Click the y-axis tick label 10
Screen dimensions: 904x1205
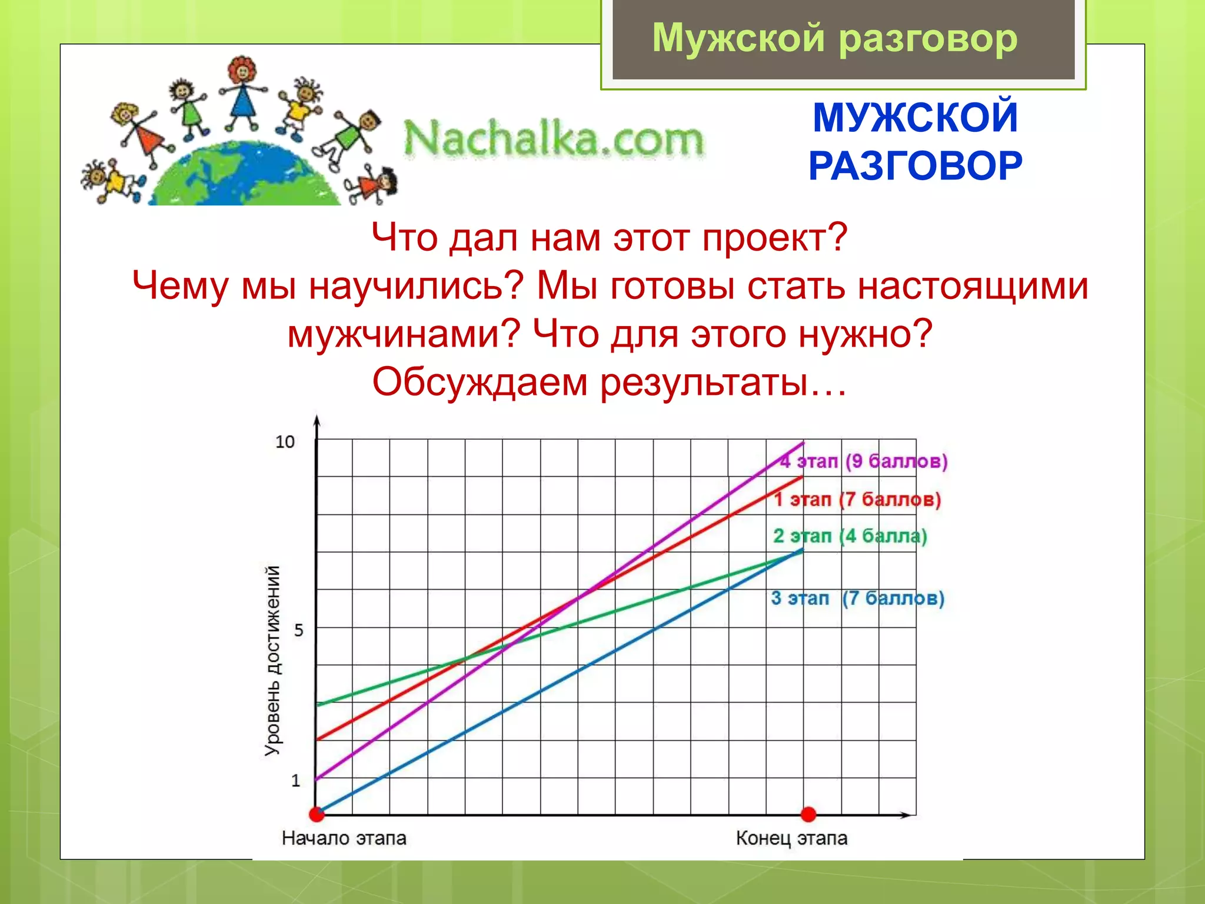pyautogui.click(x=285, y=442)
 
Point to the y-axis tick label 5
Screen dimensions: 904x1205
pyautogui.click(x=298, y=631)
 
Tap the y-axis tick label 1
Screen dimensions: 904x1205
pyautogui.click(x=296, y=781)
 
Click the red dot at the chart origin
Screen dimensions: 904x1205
pyautogui.click(x=317, y=815)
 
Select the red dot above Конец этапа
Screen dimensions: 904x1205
pyautogui.click(x=808, y=815)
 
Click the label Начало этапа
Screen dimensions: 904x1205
pyautogui.click(x=344, y=838)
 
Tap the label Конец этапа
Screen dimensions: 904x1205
pyautogui.click(x=791, y=838)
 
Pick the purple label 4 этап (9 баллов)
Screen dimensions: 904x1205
pyautogui.click(x=864, y=461)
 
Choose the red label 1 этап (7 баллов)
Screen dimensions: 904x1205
pyautogui.click(x=857, y=500)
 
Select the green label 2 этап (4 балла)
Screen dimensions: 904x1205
pyautogui.click(x=850, y=536)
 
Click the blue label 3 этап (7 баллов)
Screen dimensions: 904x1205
pyautogui.click(x=857, y=599)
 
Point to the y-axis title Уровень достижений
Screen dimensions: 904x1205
pyautogui.click(x=272, y=660)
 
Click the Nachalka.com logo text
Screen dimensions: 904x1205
pyautogui.click(x=553, y=139)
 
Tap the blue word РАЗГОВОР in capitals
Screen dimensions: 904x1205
pyautogui.click(x=915, y=167)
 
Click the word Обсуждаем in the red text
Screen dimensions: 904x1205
pyautogui.click(x=480, y=382)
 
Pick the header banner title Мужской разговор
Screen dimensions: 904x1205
pyautogui.click(x=834, y=38)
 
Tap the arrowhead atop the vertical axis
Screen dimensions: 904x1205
pyautogui.click(x=317, y=421)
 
